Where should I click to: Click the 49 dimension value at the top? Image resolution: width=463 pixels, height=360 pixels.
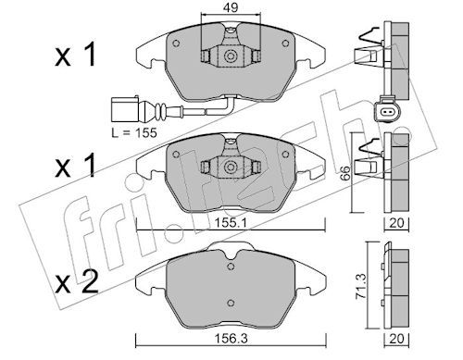231,7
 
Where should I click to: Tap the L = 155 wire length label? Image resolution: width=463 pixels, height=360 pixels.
134,133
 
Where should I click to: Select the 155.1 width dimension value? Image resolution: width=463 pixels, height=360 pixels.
228,223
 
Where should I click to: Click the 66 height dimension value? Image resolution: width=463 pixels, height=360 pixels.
346,172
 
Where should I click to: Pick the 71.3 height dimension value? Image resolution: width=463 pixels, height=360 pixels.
361,286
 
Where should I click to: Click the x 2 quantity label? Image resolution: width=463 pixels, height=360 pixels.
77,282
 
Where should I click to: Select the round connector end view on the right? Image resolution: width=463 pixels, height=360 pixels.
388,111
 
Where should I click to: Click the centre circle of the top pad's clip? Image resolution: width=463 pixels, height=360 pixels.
231,56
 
